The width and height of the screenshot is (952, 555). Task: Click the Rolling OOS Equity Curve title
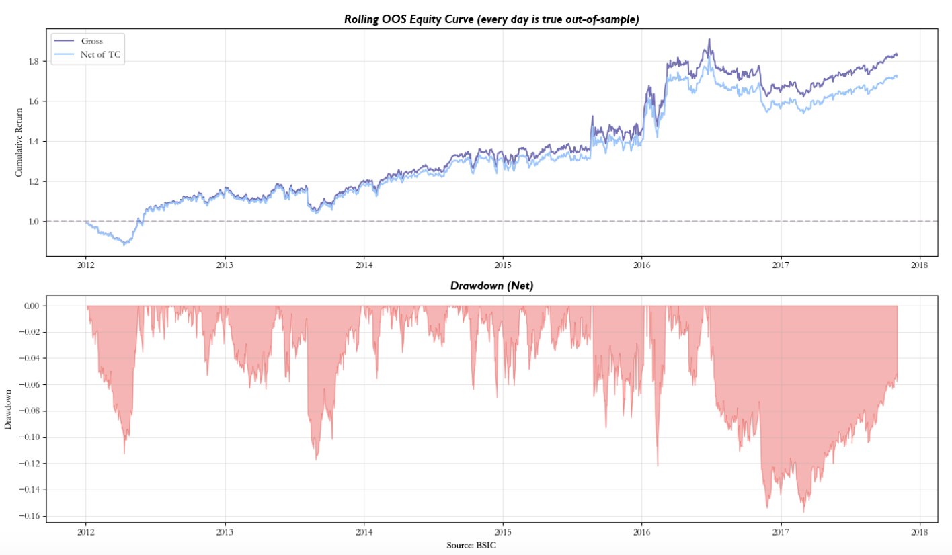pos(491,19)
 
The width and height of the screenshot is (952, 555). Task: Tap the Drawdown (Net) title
pos(491,286)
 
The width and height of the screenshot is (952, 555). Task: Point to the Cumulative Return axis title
pos(19,142)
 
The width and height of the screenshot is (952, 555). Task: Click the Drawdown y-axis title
pos(8,409)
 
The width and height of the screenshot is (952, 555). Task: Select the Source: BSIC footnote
pos(471,545)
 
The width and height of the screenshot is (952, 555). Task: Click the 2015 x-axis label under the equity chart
pos(502,265)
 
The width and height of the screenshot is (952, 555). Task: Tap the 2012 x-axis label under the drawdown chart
pos(85,531)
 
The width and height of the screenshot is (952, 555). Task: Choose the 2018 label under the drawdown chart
pos(919,531)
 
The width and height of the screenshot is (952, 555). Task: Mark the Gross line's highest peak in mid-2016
pos(709,40)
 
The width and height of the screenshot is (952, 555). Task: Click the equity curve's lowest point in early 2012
pos(124,245)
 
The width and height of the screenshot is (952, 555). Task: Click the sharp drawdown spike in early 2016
pos(658,466)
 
